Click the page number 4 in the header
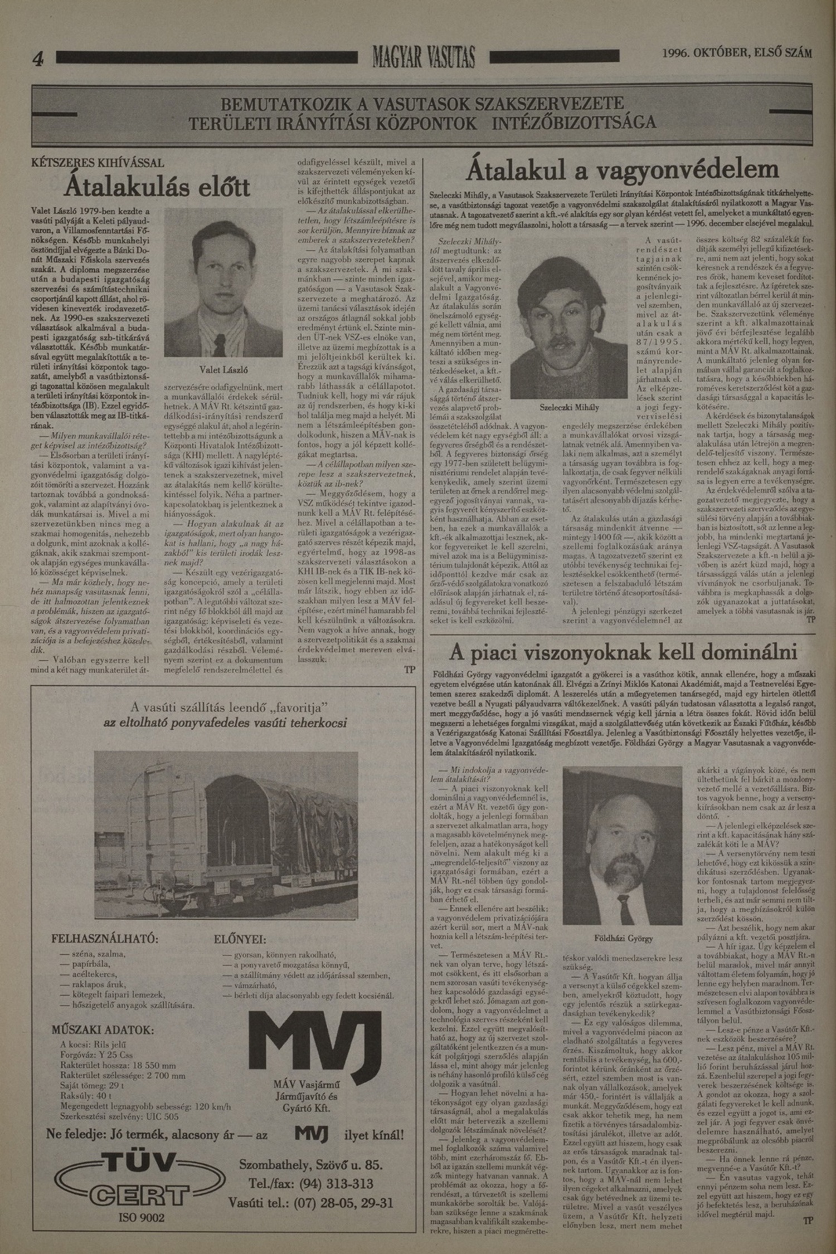coord(38,58)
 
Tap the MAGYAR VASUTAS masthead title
coord(424,57)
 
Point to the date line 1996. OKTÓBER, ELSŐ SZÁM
coord(737,53)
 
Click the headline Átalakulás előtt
coord(157,188)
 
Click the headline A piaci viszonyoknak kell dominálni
coord(623,652)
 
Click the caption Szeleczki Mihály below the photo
coord(570,407)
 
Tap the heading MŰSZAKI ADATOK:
coord(103,1029)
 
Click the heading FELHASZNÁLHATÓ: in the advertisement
coord(105,938)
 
